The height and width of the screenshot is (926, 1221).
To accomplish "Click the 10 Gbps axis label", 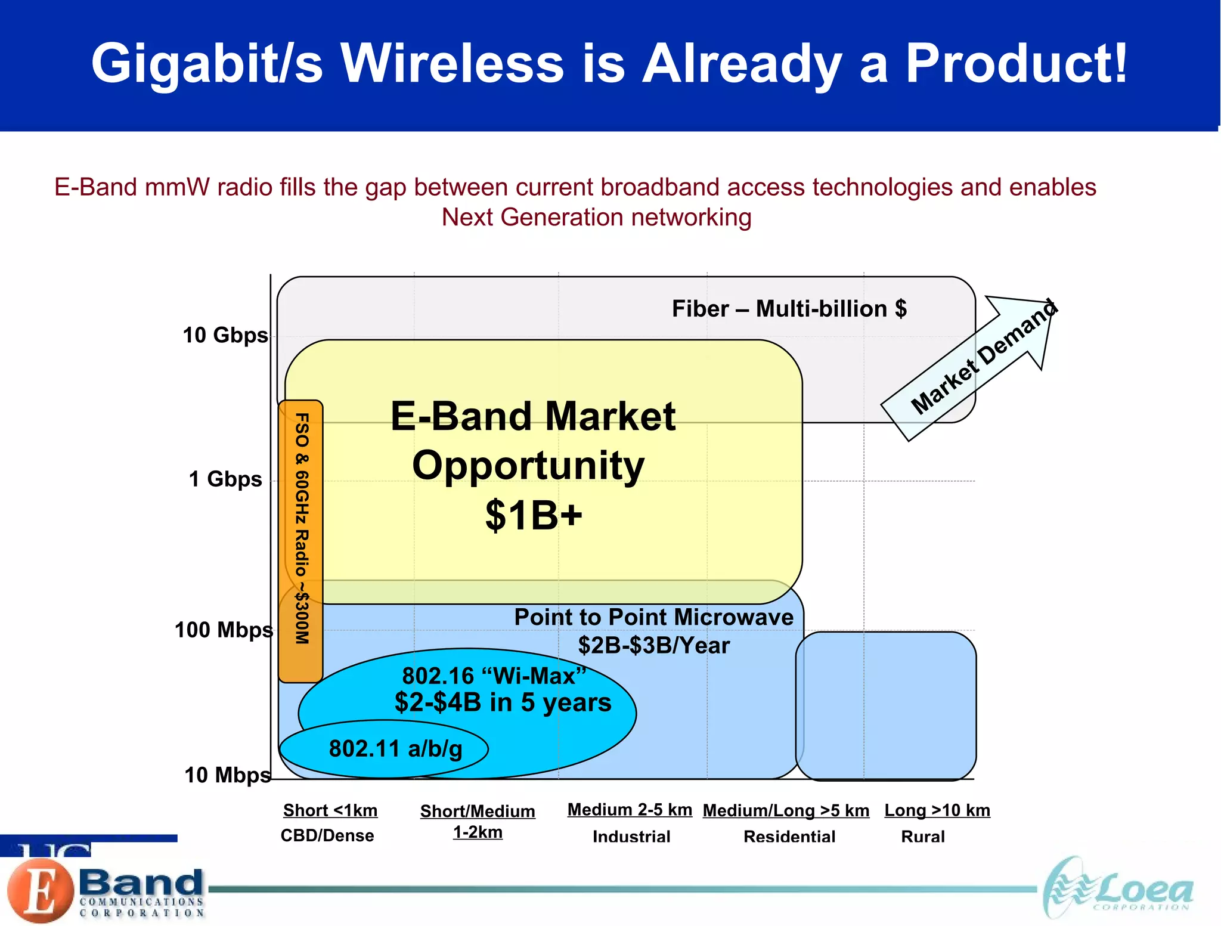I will point(225,335).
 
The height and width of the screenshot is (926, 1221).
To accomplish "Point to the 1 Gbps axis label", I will point(225,479).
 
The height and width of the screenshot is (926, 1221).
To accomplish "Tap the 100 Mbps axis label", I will point(224,630).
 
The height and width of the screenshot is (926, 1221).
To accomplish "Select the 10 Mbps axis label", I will point(227,775).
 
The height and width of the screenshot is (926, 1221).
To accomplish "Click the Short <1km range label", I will point(330,810).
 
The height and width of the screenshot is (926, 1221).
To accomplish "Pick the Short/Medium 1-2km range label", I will point(478,821).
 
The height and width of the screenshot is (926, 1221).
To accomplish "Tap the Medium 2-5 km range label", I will point(630,810).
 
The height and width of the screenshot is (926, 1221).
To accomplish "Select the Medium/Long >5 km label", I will point(786,810).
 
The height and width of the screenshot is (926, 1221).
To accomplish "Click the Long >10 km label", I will point(937,810).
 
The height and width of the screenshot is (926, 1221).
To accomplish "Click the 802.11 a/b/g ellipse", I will point(384,749).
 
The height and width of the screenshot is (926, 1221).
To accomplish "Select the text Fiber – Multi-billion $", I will point(789,309).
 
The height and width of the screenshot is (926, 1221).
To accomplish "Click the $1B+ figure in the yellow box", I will point(533,515).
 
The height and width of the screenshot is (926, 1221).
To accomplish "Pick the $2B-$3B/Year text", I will point(653,646).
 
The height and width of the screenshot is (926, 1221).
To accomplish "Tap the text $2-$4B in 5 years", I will point(503,702).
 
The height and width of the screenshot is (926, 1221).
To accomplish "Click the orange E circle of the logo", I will point(41,891).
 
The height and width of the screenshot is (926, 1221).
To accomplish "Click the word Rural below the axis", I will point(922,837).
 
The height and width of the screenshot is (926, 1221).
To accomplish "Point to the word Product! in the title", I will point(1017,64).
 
